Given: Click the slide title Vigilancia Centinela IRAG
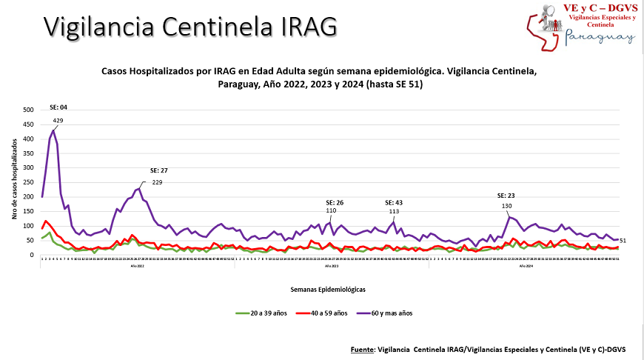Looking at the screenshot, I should point(189,26).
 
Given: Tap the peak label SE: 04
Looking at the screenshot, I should point(58,107).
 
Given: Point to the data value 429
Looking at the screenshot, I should point(58,120).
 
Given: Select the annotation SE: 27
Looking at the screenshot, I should point(159,170).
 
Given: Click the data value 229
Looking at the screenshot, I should point(157,182).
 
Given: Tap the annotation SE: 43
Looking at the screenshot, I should point(395,202).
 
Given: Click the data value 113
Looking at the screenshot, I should point(395,211).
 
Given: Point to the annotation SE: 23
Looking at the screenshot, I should point(507,196).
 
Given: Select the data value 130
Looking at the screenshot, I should point(507,206).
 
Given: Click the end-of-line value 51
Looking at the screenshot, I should point(623,241).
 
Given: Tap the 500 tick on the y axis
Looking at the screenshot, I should point(29,110).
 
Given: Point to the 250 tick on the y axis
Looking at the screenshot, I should point(29,182).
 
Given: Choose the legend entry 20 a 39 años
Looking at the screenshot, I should point(264,313).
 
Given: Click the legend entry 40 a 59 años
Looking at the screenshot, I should point(323,313).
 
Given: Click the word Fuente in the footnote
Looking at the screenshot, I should point(362,348).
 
